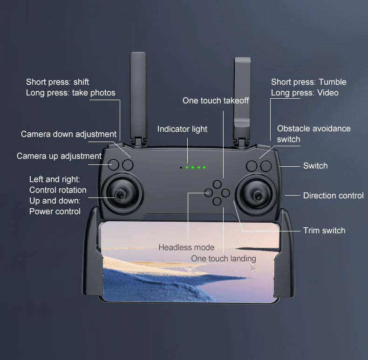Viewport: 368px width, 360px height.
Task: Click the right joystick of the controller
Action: click(x=257, y=195)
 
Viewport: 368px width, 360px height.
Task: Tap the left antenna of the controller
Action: click(x=139, y=99)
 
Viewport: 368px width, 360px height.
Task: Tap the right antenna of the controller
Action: click(x=242, y=101)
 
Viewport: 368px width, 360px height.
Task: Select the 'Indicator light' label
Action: click(x=182, y=129)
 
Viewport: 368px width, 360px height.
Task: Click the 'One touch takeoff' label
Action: click(x=216, y=101)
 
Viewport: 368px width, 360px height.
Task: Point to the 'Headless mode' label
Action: click(x=186, y=247)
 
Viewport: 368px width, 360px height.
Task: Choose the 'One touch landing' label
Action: click(x=224, y=258)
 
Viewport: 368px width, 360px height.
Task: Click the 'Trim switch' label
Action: click(x=324, y=231)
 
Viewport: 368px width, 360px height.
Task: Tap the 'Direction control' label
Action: click(x=333, y=196)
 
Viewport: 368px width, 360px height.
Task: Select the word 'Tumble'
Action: click(x=332, y=82)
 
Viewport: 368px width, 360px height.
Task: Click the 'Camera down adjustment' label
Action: click(x=68, y=134)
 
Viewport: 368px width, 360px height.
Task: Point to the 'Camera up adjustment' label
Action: click(x=59, y=156)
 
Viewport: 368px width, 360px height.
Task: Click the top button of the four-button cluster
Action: click(x=217, y=184)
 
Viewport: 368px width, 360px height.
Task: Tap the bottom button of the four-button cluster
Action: click(x=217, y=201)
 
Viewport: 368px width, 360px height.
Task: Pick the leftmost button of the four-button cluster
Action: click(x=208, y=193)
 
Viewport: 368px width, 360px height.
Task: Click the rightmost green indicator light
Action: click(x=204, y=167)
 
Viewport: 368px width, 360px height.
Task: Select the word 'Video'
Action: click(x=328, y=93)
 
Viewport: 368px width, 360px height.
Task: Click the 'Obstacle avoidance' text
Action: click(x=314, y=129)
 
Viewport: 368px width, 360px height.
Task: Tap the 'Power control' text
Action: click(x=55, y=211)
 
